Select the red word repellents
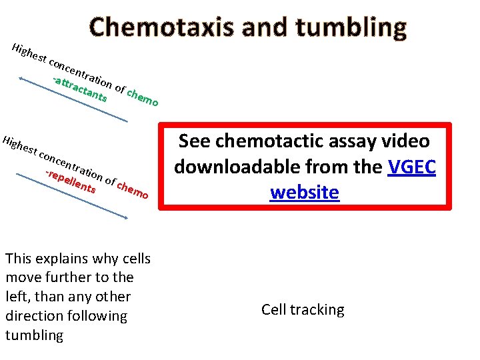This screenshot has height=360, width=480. (71, 181)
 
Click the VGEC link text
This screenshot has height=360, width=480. (411, 167)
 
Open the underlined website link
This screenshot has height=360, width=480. (305, 193)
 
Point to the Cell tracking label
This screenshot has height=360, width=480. (303, 310)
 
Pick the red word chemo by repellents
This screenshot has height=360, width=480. (132, 190)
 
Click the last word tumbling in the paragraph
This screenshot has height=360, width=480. (34, 335)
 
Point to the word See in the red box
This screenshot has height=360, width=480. (195, 141)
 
